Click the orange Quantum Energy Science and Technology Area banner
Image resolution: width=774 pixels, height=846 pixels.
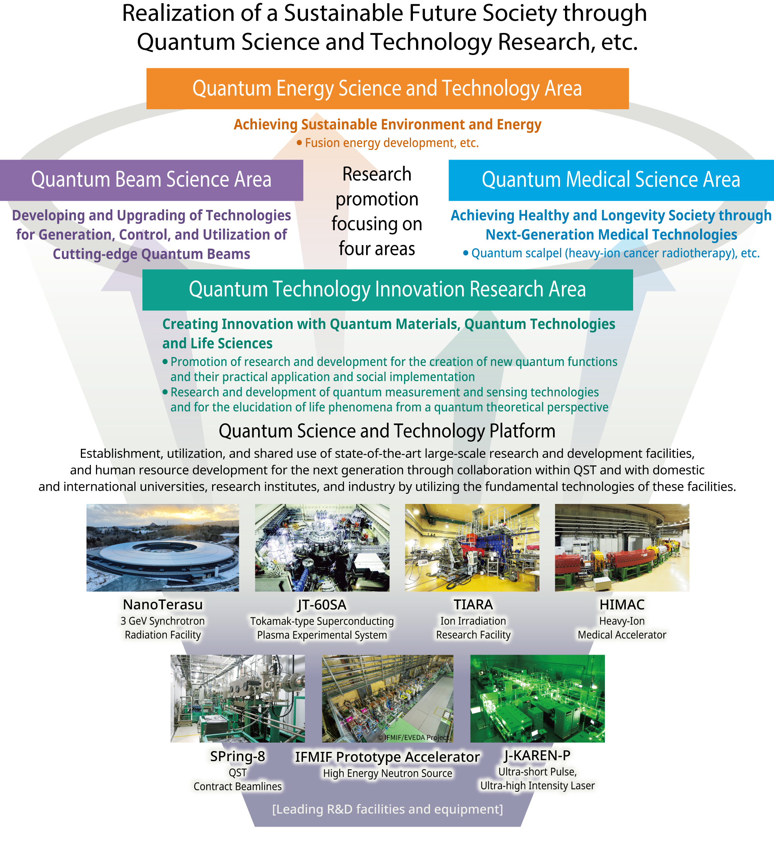(387, 89)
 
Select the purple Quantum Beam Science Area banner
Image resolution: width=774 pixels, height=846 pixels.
(151, 180)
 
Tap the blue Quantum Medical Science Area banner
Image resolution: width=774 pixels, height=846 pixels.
(611, 180)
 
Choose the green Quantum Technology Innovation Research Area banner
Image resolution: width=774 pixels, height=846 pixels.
(387, 290)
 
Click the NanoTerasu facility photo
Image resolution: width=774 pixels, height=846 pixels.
(163, 548)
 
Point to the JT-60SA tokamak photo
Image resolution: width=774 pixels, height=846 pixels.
(322, 548)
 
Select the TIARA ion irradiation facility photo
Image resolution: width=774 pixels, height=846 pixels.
(472, 548)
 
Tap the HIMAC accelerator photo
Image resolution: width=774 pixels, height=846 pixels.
(622, 548)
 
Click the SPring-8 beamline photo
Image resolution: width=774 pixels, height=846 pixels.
(237, 698)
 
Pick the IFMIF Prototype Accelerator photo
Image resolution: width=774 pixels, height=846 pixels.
(387, 698)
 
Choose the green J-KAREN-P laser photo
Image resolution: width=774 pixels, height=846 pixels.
(538, 698)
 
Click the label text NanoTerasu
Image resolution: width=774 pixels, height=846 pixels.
(163, 605)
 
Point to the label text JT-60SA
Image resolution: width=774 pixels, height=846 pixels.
(322, 605)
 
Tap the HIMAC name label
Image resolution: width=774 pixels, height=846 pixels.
(622, 605)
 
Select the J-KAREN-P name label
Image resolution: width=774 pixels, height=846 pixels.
(538, 755)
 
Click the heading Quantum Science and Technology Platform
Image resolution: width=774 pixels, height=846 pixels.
(387, 432)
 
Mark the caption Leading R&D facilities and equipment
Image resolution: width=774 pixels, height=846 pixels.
(387, 809)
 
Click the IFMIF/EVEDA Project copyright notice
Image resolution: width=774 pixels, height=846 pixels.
(413, 737)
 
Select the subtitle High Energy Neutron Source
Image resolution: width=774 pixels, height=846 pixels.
(387, 773)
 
